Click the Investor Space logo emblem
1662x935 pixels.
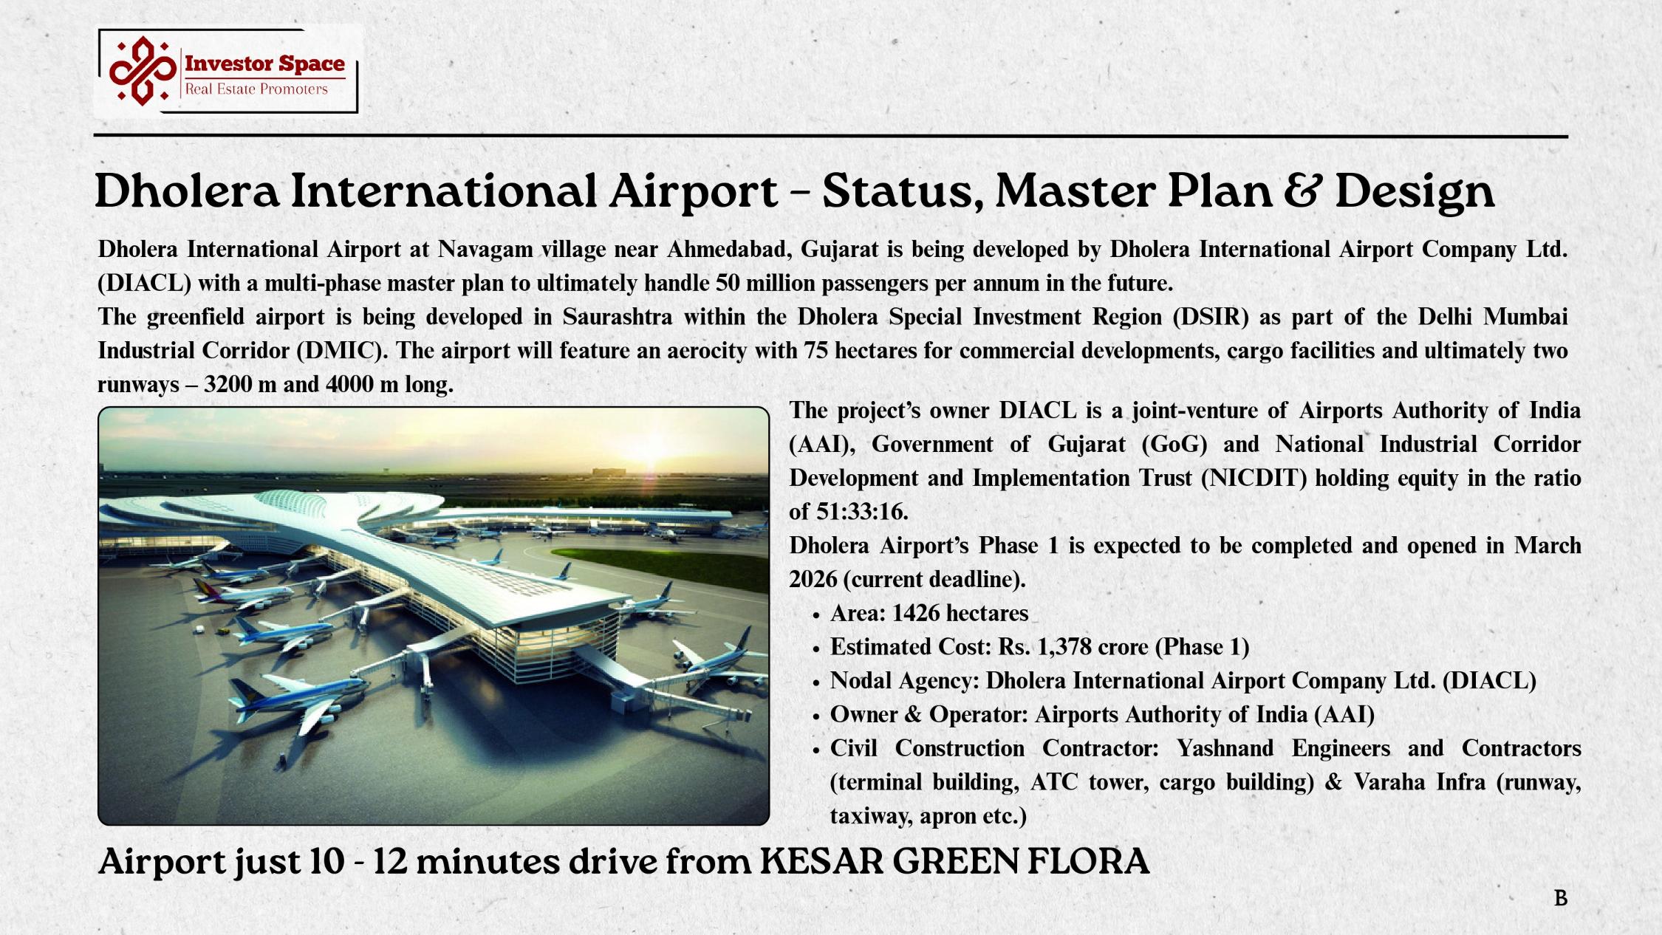(143, 71)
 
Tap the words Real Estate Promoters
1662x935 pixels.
(256, 89)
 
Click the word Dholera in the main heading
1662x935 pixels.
(188, 191)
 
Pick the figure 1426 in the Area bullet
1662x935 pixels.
(915, 613)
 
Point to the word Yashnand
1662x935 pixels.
(1225, 748)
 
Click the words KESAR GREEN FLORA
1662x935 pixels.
(954, 861)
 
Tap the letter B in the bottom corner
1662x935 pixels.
(1561, 898)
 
